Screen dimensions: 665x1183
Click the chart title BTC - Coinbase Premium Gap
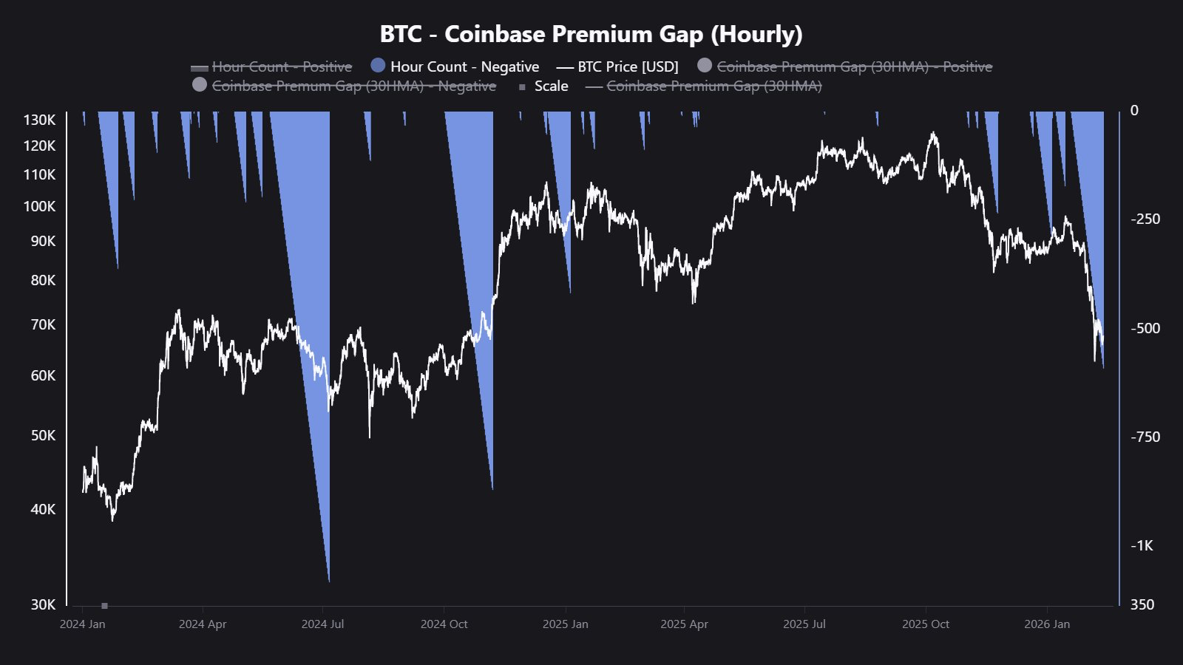coord(591,34)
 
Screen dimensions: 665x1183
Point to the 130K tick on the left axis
coord(39,120)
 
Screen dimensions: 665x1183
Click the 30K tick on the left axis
coord(43,604)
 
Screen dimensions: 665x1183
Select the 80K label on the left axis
coord(43,280)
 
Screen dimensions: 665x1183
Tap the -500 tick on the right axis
coord(1145,328)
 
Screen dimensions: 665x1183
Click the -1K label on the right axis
coord(1142,545)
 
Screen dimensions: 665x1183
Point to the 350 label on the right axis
coord(1142,604)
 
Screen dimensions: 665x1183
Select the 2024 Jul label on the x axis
coord(322,624)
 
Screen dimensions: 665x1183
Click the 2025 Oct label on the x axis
coord(925,624)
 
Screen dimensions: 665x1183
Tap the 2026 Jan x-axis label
coord(1046,624)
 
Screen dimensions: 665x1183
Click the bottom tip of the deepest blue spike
coord(328,581)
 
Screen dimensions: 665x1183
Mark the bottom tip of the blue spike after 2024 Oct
coord(492,488)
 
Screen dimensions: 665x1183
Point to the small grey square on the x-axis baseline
coord(104,606)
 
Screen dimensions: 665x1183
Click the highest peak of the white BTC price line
coord(933,133)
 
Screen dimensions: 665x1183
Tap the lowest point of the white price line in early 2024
coord(112,520)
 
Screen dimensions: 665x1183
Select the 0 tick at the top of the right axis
coord(1134,111)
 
